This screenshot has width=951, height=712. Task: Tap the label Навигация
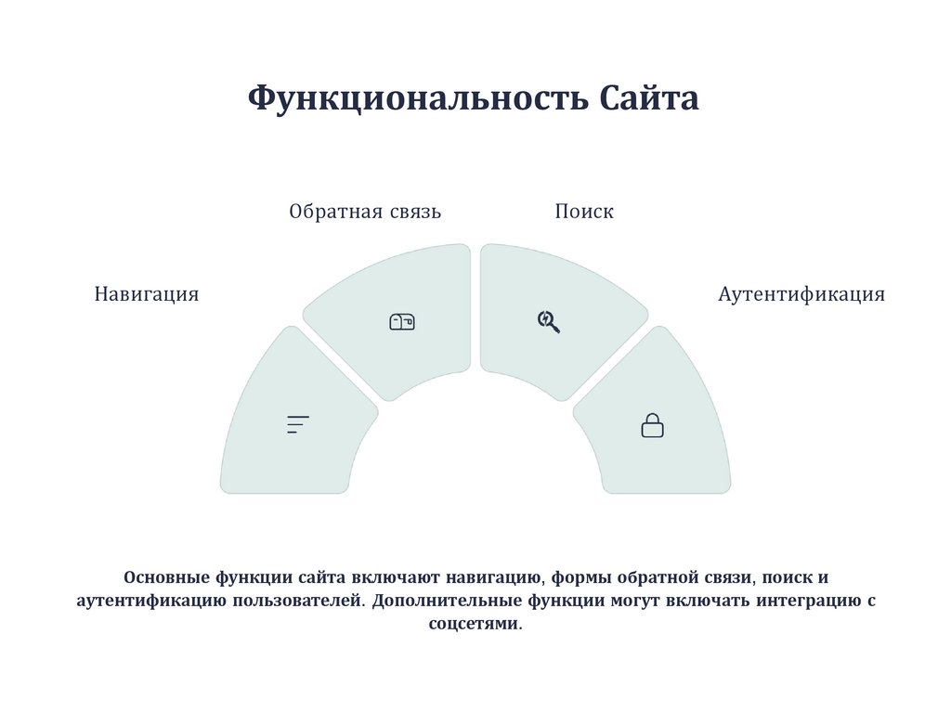coord(147,294)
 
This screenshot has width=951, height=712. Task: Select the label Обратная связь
coord(365,212)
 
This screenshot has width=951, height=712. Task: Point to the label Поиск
coord(584,212)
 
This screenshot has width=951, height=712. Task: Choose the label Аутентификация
coord(801,294)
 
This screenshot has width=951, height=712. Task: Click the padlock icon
coord(653,425)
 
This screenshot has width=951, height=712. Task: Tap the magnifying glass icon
coord(549,321)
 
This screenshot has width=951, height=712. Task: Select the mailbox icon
coord(401,322)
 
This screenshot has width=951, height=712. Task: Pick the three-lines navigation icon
coord(297,425)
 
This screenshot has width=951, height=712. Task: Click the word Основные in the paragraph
coord(165,577)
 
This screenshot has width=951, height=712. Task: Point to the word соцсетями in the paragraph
coord(475,624)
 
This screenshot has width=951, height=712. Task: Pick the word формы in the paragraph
coord(581,577)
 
